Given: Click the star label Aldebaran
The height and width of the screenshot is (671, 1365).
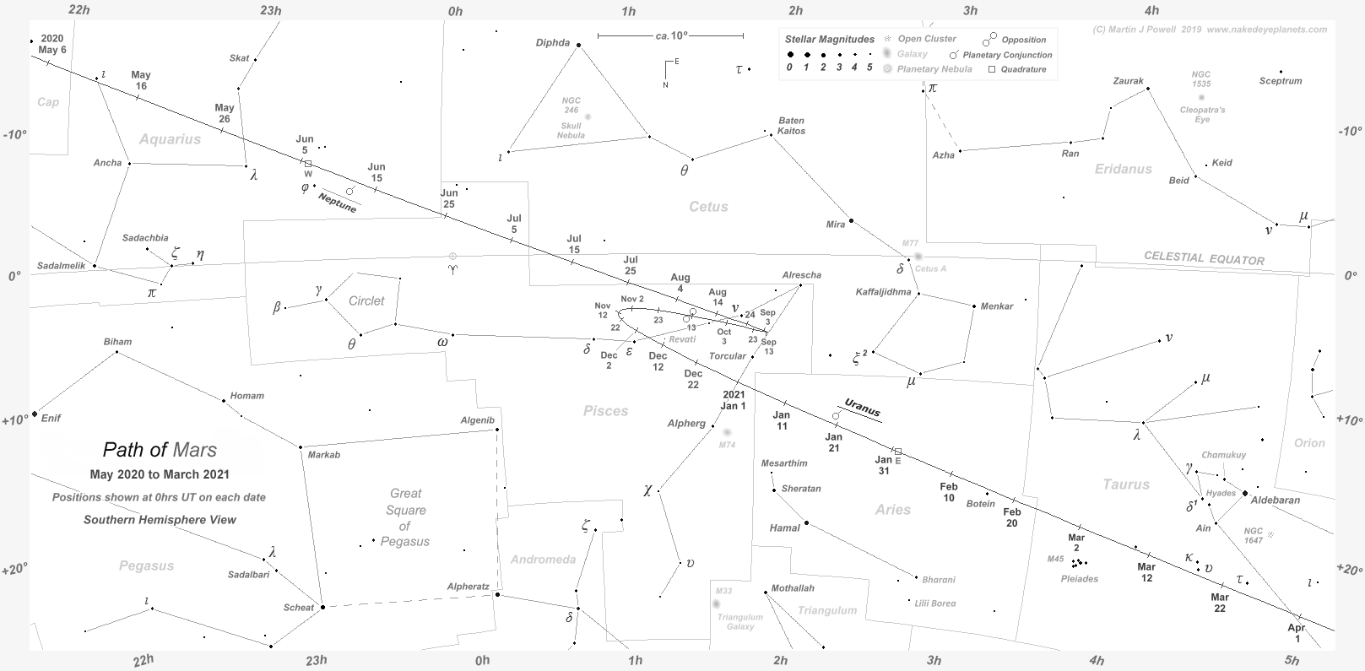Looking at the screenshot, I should click(1275, 500).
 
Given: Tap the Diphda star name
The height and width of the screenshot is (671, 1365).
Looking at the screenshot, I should click(554, 43).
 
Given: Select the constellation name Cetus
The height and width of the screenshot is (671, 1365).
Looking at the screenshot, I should click(707, 207).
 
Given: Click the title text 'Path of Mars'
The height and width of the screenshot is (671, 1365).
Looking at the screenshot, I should click(160, 450).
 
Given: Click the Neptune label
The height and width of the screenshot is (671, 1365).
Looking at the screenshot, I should click(337, 203).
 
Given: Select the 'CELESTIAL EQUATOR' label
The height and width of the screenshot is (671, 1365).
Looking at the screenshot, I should click(1204, 258).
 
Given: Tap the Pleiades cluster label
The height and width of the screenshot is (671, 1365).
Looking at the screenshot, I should click(1079, 579).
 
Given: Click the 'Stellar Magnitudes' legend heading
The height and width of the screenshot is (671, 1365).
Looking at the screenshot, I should click(829, 40).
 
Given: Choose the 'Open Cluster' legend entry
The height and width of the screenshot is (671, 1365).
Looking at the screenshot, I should click(927, 39).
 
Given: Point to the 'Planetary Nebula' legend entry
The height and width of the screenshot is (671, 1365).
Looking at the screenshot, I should click(934, 69).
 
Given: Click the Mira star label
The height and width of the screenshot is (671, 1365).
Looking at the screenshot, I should click(835, 225).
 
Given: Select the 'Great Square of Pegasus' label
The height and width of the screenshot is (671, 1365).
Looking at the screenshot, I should click(405, 517).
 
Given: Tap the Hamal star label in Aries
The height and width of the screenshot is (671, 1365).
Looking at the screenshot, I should click(784, 528).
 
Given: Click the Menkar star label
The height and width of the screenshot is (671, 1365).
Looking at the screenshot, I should click(996, 306).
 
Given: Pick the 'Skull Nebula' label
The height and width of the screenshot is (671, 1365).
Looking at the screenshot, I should click(571, 130).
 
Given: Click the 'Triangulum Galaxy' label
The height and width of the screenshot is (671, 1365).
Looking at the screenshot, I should click(739, 621).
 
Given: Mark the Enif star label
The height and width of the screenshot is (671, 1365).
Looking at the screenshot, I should click(51, 418).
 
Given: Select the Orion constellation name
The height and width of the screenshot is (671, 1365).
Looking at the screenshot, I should click(1309, 443).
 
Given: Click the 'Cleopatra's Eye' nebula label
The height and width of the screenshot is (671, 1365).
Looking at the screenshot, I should click(1203, 114).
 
